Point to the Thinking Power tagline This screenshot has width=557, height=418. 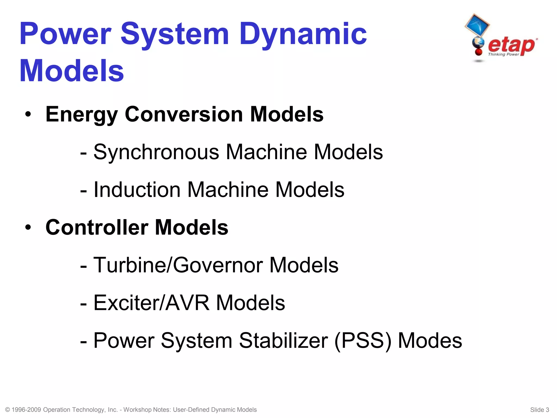click(x=503, y=54)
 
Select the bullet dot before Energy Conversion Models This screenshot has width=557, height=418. click(x=28, y=115)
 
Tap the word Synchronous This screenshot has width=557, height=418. click(x=156, y=152)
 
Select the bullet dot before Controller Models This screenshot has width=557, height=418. click(x=28, y=228)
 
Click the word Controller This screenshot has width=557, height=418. click(x=97, y=227)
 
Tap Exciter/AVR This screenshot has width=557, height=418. click(x=151, y=303)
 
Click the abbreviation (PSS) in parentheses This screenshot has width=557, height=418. click(x=363, y=340)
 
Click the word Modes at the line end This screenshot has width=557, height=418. click(x=430, y=340)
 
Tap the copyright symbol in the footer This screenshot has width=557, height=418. click(x=8, y=410)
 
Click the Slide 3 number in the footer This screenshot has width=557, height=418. click(x=539, y=410)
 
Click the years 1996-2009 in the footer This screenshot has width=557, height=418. click(x=26, y=410)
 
